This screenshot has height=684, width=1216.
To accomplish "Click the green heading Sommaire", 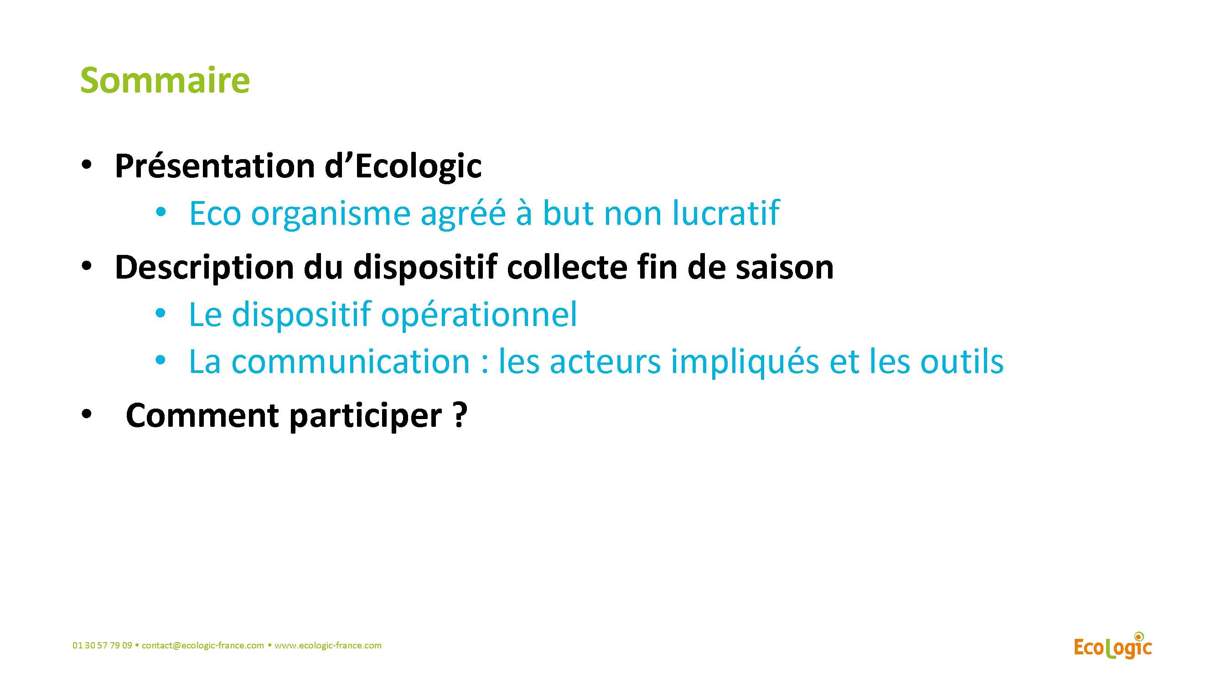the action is pos(165,80).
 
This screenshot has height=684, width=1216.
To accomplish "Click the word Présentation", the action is pos(215,166).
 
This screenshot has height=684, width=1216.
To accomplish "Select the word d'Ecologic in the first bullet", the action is pos(403,167).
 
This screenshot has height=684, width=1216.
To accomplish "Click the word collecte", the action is pos(567,267).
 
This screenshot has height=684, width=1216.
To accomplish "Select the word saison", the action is pos(785,268).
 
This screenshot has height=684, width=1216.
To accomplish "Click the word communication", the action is pos(351,362).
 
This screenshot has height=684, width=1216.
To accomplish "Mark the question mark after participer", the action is pos(460,415).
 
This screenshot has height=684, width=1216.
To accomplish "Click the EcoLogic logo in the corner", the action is pos(1113,646).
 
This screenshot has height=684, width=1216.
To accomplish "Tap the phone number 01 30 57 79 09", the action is pos(102,645).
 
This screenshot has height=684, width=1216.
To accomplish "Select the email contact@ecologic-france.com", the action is pos(203,645).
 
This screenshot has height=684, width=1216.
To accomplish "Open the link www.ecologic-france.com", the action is pos(328,645).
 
